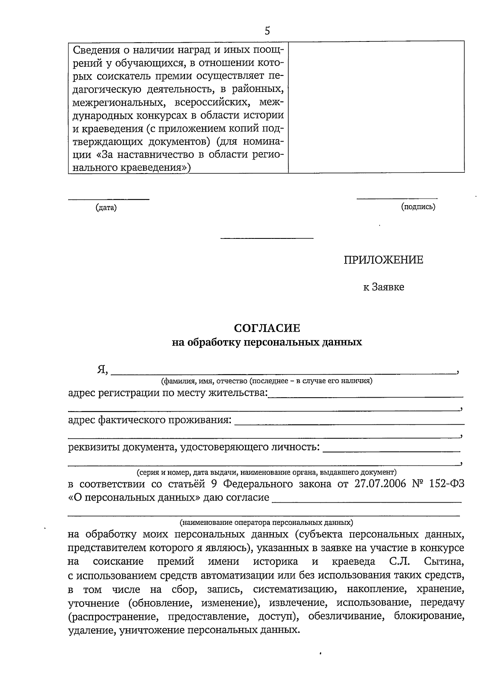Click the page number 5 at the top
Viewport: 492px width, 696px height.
tap(267, 31)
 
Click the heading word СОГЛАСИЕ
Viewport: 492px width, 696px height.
tap(267, 328)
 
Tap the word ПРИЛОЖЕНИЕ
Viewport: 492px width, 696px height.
tap(383, 260)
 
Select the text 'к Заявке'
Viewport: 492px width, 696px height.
tap(383, 287)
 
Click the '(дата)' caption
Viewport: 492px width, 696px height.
tap(106, 208)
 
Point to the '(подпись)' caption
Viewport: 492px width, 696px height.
tap(418, 207)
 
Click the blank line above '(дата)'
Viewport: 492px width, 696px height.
tap(108, 200)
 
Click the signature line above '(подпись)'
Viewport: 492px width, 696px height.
tap(396, 199)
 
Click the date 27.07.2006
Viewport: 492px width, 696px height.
tap(380, 484)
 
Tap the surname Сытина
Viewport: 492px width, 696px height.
tap(444, 561)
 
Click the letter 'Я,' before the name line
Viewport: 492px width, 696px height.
tap(102, 370)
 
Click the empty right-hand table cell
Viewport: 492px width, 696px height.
tap(376, 107)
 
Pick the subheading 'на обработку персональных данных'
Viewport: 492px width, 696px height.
tap(267, 342)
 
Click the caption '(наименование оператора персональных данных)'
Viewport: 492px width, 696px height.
tap(266, 523)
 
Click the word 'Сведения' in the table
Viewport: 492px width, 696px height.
tap(95, 50)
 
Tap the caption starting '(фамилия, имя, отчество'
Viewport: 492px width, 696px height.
tap(267, 381)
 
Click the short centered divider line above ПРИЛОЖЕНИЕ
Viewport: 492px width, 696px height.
tap(267, 238)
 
